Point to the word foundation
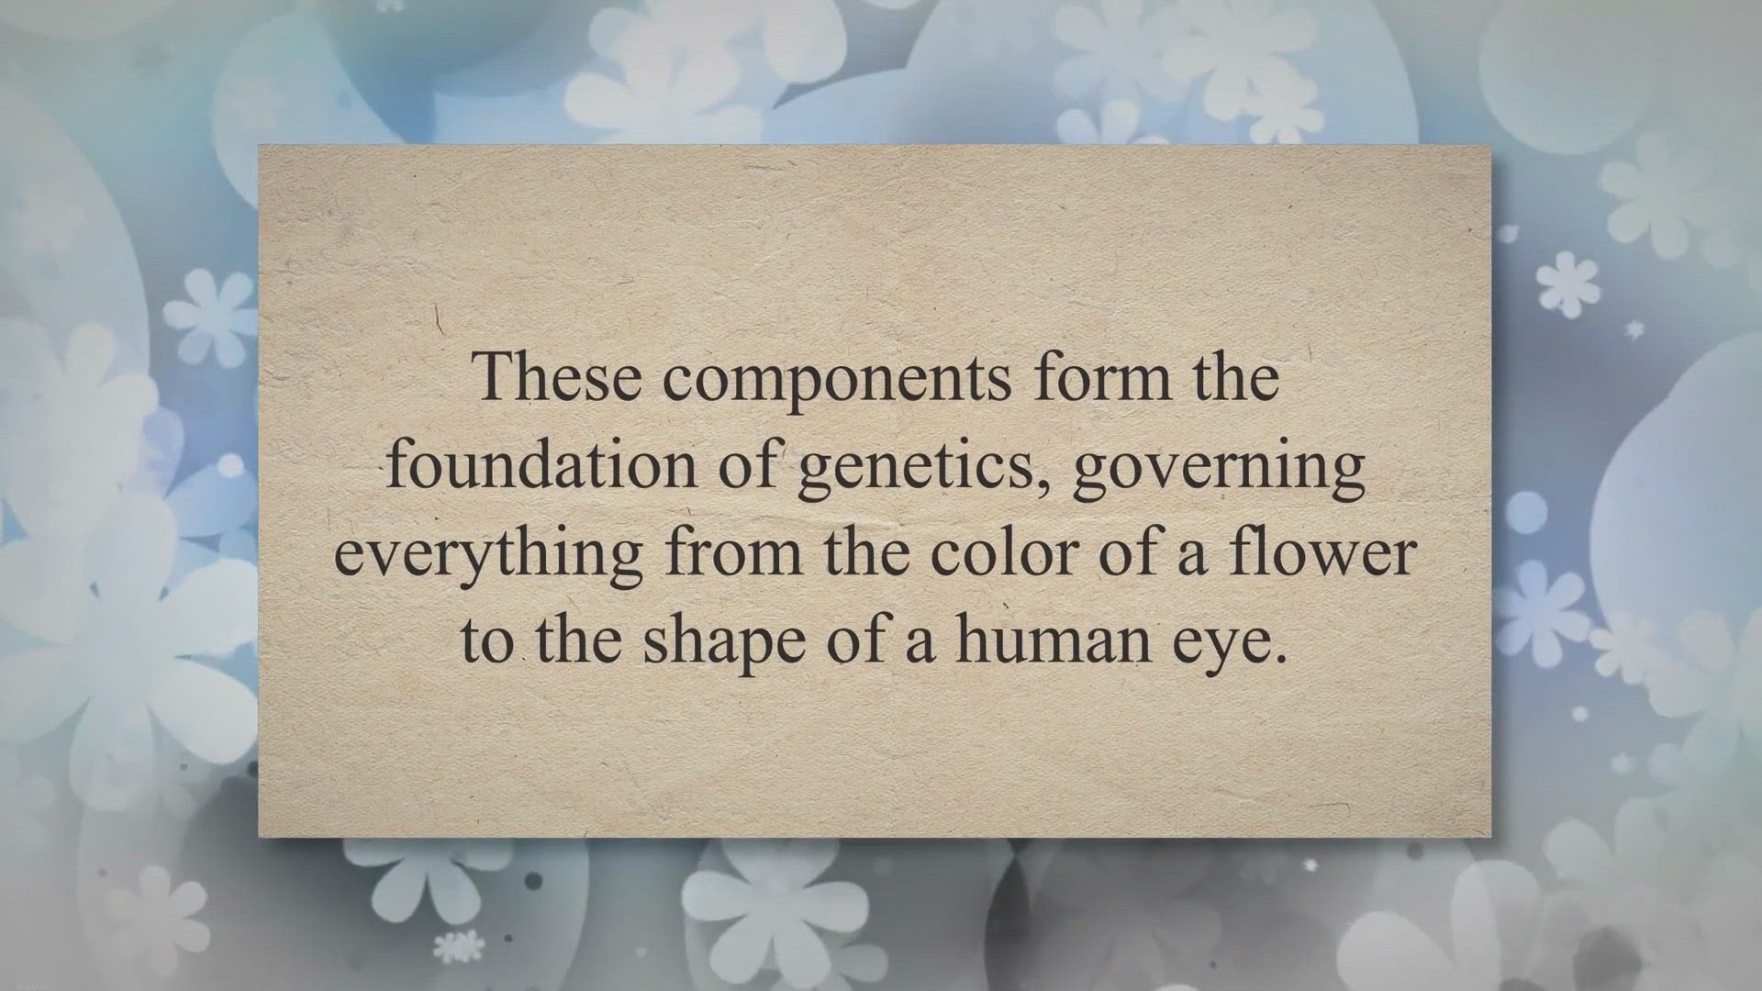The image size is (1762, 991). click(x=541, y=463)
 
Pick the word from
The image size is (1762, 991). click(x=733, y=551)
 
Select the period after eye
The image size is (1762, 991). click(x=1271, y=659)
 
